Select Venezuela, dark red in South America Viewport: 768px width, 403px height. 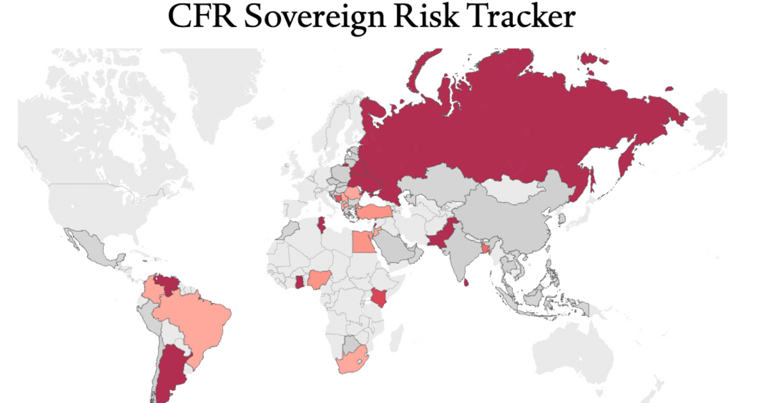click(168, 283)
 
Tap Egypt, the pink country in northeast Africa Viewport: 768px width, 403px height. click(364, 241)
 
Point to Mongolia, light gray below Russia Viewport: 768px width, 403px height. click(518, 189)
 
